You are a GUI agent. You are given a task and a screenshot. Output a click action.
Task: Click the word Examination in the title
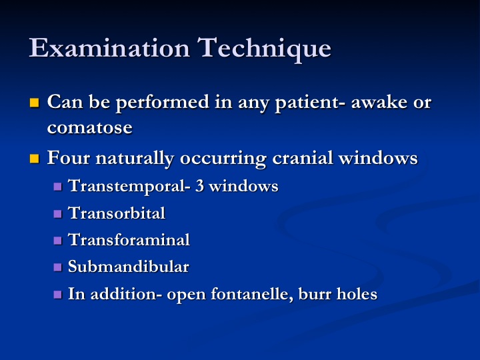pyautogui.click(x=109, y=47)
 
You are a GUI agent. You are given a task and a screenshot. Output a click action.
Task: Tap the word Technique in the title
pyautogui.click(x=264, y=49)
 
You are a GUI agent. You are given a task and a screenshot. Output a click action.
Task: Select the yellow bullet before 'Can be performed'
pyautogui.click(x=34, y=103)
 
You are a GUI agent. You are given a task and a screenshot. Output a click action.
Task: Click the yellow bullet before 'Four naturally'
pyautogui.click(x=34, y=159)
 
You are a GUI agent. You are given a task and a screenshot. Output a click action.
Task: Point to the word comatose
pyautogui.click(x=90, y=127)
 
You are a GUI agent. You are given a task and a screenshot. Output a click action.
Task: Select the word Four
pyautogui.click(x=68, y=158)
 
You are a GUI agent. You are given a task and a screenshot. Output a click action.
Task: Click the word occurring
pyautogui.click(x=223, y=159)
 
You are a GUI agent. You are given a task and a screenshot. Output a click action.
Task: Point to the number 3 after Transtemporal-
pyautogui.click(x=199, y=186)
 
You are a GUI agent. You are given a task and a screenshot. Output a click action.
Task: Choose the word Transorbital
pyautogui.click(x=117, y=213)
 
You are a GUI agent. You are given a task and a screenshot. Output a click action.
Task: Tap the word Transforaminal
pyautogui.click(x=129, y=240)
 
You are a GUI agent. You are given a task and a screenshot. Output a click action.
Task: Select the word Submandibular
pyautogui.click(x=129, y=267)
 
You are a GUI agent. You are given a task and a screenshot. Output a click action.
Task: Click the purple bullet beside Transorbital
pyautogui.click(x=57, y=214)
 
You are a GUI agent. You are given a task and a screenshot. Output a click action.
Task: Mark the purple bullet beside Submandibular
pyautogui.click(x=57, y=267)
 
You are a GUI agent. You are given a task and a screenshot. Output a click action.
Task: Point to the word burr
pyautogui.click(x=315, y=294)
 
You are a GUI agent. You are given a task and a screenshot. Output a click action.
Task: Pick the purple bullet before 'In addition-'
pyautogui.click(x=57, y=295)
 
